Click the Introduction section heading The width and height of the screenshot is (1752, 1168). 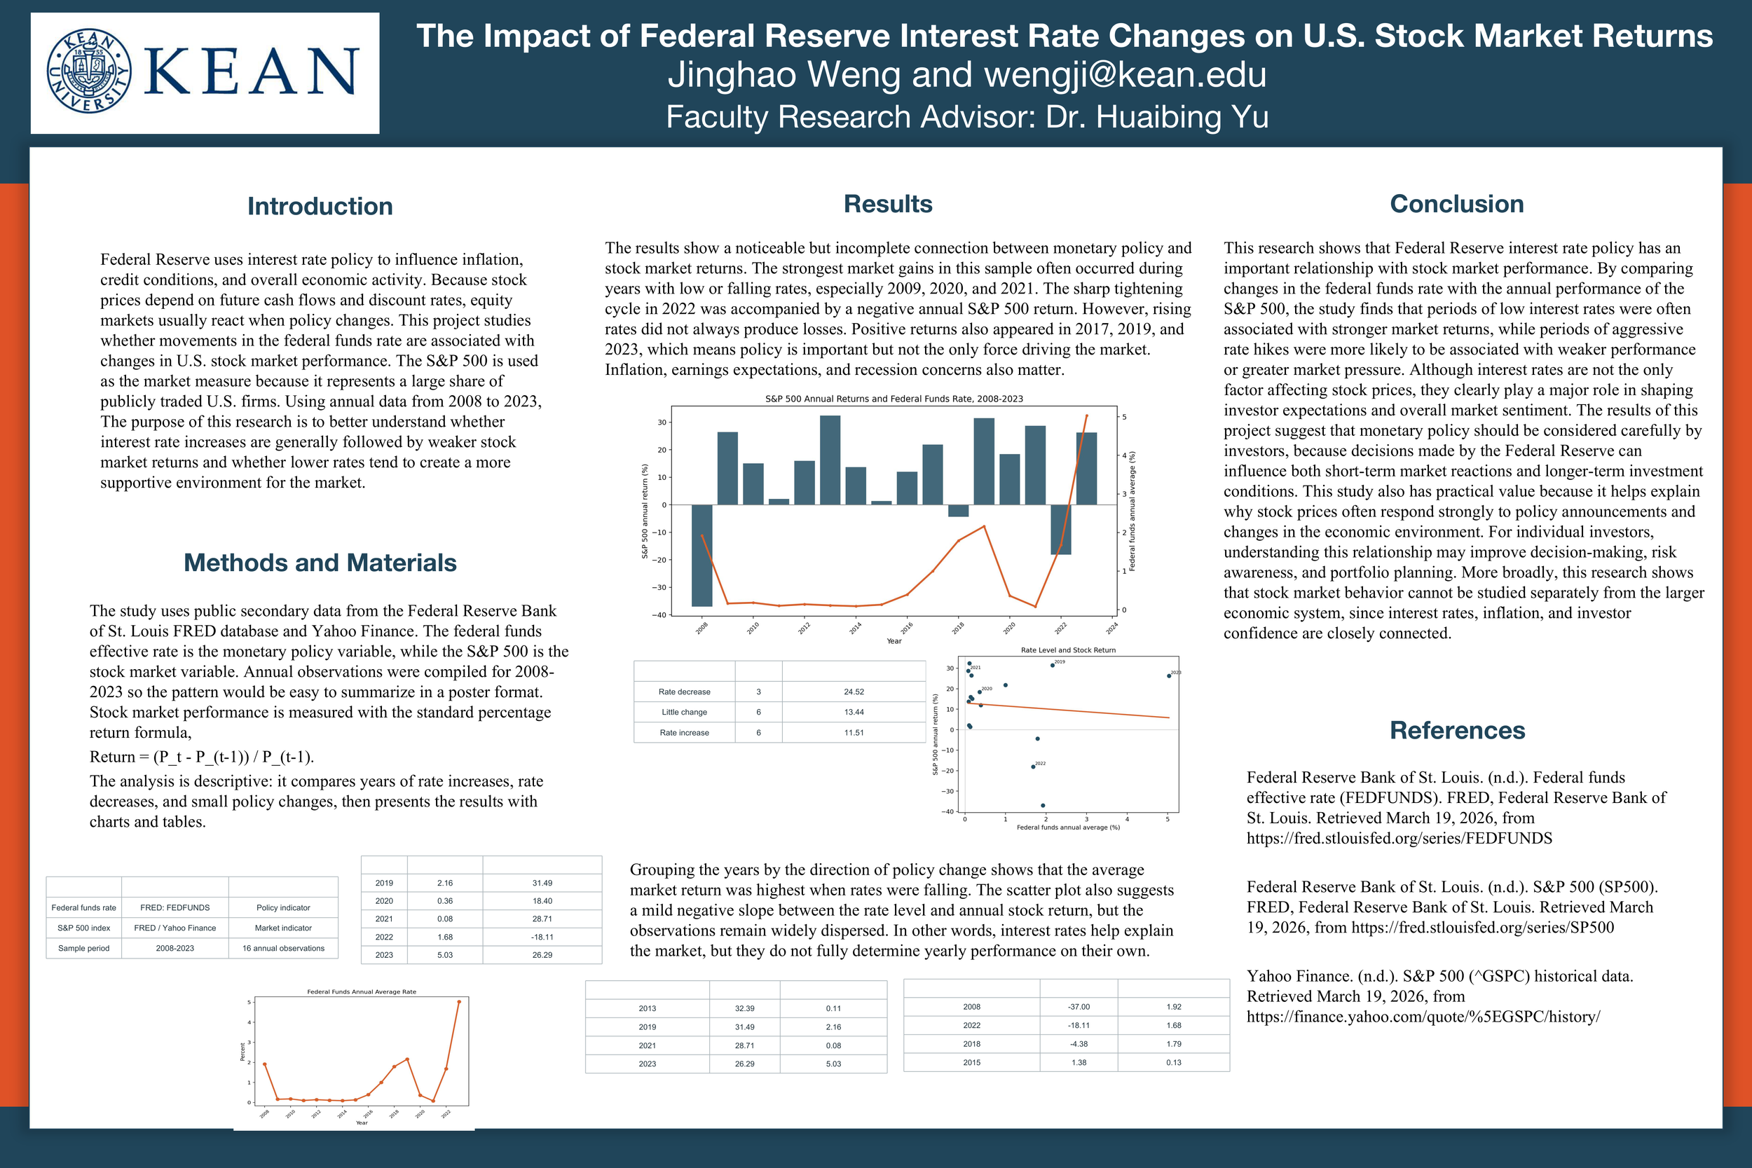pos(320,206)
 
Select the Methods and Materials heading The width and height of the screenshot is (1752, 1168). pos(320,563)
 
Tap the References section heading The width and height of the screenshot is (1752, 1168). pos(1457,730)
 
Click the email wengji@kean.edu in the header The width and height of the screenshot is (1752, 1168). pos(1125,74)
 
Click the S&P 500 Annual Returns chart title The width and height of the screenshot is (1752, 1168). pos(894,399)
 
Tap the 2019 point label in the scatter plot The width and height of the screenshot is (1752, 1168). pos(1059,661)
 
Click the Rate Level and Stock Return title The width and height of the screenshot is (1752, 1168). pos(1068,650)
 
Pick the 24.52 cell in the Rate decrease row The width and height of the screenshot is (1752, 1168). pos(854,692)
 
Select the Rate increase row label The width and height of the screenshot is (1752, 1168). pos(684,732)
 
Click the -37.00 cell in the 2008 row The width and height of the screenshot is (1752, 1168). pos(1079,1006)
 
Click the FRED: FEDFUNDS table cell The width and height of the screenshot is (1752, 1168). pos(175,907)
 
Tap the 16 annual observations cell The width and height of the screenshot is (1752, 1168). pos(283,948)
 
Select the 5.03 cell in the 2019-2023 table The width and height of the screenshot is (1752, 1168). pos(445,954)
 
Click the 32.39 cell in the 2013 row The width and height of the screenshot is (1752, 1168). pos(744,1008)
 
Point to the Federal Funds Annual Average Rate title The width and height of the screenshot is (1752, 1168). pos(362,991)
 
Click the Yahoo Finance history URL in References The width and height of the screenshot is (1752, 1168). pos(1423,1016)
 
